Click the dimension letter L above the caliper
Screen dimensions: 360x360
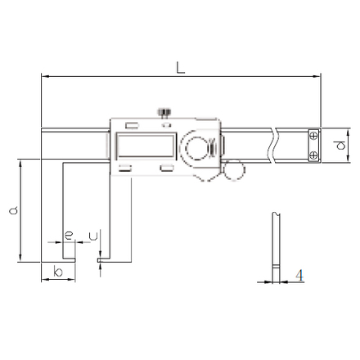click(x=180, y=68)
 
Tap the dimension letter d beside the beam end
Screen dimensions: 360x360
click(x=340, y=145)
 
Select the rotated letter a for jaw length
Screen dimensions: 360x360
click(x=13, y=210)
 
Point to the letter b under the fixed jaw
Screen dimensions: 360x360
click(x=58, y=272)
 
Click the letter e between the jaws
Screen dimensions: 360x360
click(x=69, y=235)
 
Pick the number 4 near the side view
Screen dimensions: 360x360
click(x=299, y=276)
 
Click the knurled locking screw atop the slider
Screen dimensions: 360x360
click(x=164, y=113)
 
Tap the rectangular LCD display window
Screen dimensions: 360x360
click(x=146, y=146)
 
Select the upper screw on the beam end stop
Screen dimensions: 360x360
click(x=314, y=136)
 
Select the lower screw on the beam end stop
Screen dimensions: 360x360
click(x=314, y=155)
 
